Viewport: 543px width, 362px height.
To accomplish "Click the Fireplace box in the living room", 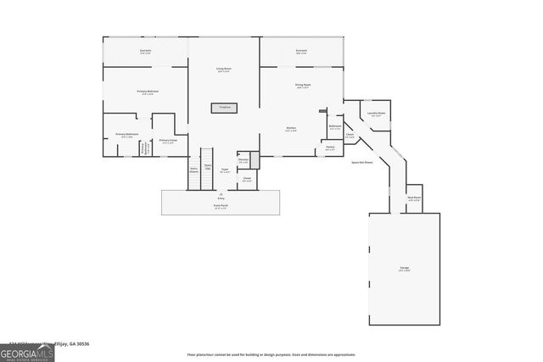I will tap(225, 108).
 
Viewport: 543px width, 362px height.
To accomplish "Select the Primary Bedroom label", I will tap(148, 92).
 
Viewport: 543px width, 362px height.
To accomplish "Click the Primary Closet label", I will tap(168, 142).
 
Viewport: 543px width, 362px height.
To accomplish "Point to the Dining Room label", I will tap(302, 86).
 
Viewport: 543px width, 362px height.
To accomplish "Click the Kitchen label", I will tap(290, 129).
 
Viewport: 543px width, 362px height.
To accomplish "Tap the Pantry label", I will tap(330, 148).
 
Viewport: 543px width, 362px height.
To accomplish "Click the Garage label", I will tap(405, 268).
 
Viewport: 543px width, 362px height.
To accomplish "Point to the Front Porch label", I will tap(220, 206).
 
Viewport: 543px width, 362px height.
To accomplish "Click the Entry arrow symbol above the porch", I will tap(220, 194).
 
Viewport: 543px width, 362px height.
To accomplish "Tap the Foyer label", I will tap(225, 170).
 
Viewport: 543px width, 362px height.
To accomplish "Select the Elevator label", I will tap(244, 160).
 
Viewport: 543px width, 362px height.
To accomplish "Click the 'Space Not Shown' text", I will tap(363, 161).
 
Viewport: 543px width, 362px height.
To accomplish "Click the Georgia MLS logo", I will tap(27, 352).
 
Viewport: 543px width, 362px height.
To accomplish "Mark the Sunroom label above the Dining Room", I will tap(301, 52).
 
